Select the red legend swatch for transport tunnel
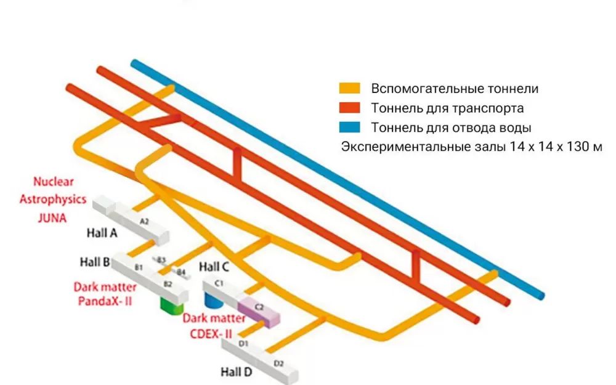(x=350, y=109)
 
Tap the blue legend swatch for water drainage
(x=350, y=128)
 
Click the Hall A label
(x=102, y=234)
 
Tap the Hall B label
(x=95, y=262)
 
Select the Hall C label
(x=214, y=267)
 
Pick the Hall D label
(x=237, y=371)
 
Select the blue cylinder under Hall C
(x=213, y=301)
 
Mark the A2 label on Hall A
(x=144, y=221)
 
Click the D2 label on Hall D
(x=278, y=363)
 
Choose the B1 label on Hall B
(x=139, y=267)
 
